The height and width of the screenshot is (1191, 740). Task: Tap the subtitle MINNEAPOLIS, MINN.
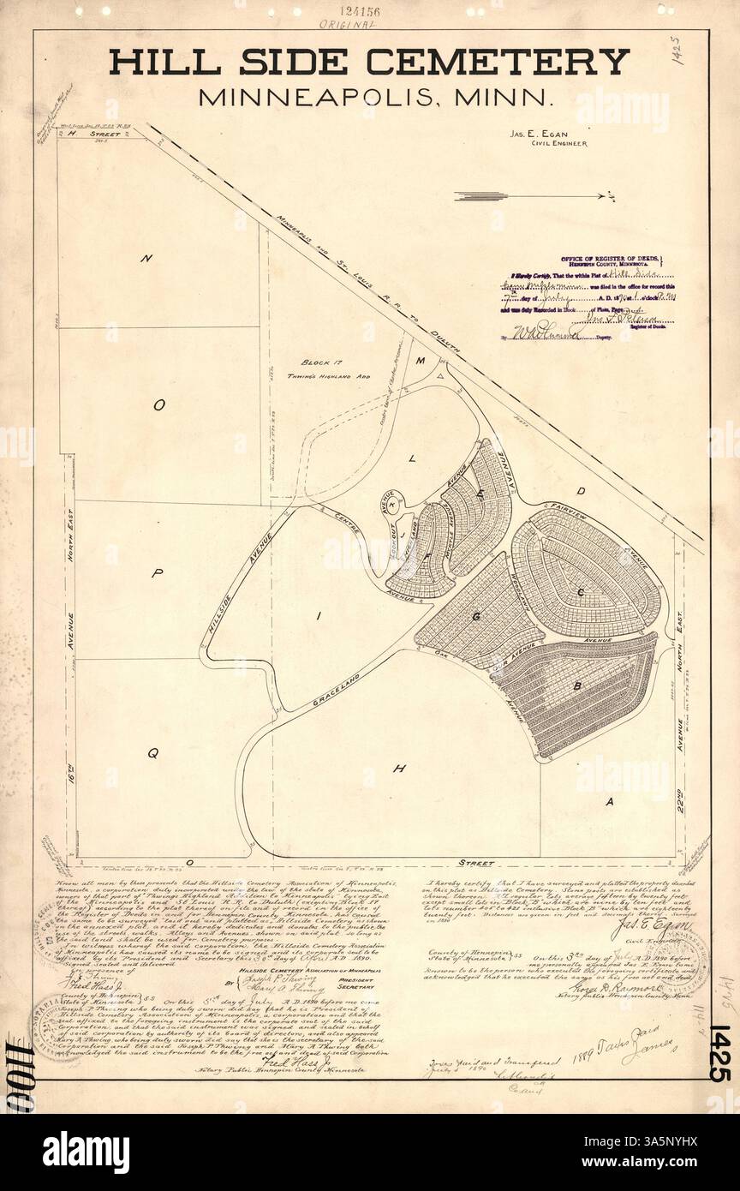376,95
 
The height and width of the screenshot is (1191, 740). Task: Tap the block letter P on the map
157,575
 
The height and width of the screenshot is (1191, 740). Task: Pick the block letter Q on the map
152,754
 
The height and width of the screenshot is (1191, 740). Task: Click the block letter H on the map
398,769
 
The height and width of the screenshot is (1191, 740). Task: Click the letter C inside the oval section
581,591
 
